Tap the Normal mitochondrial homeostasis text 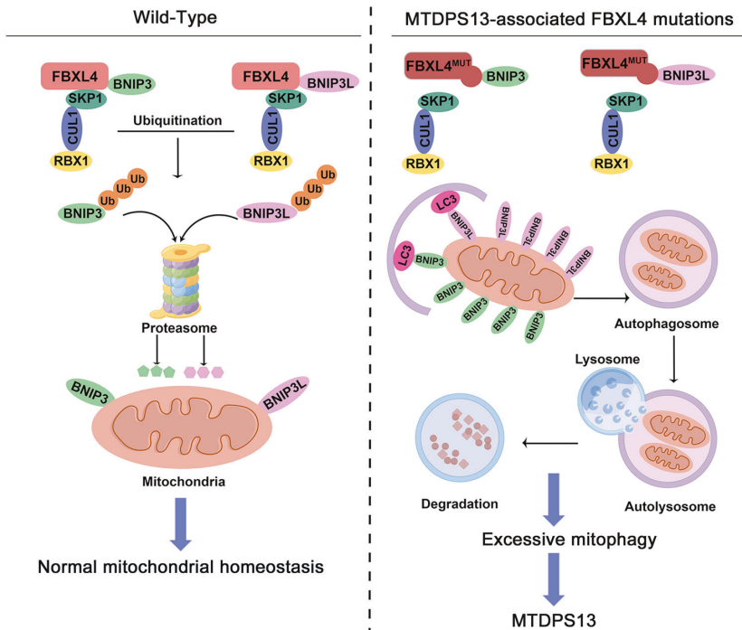coord(182,568)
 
